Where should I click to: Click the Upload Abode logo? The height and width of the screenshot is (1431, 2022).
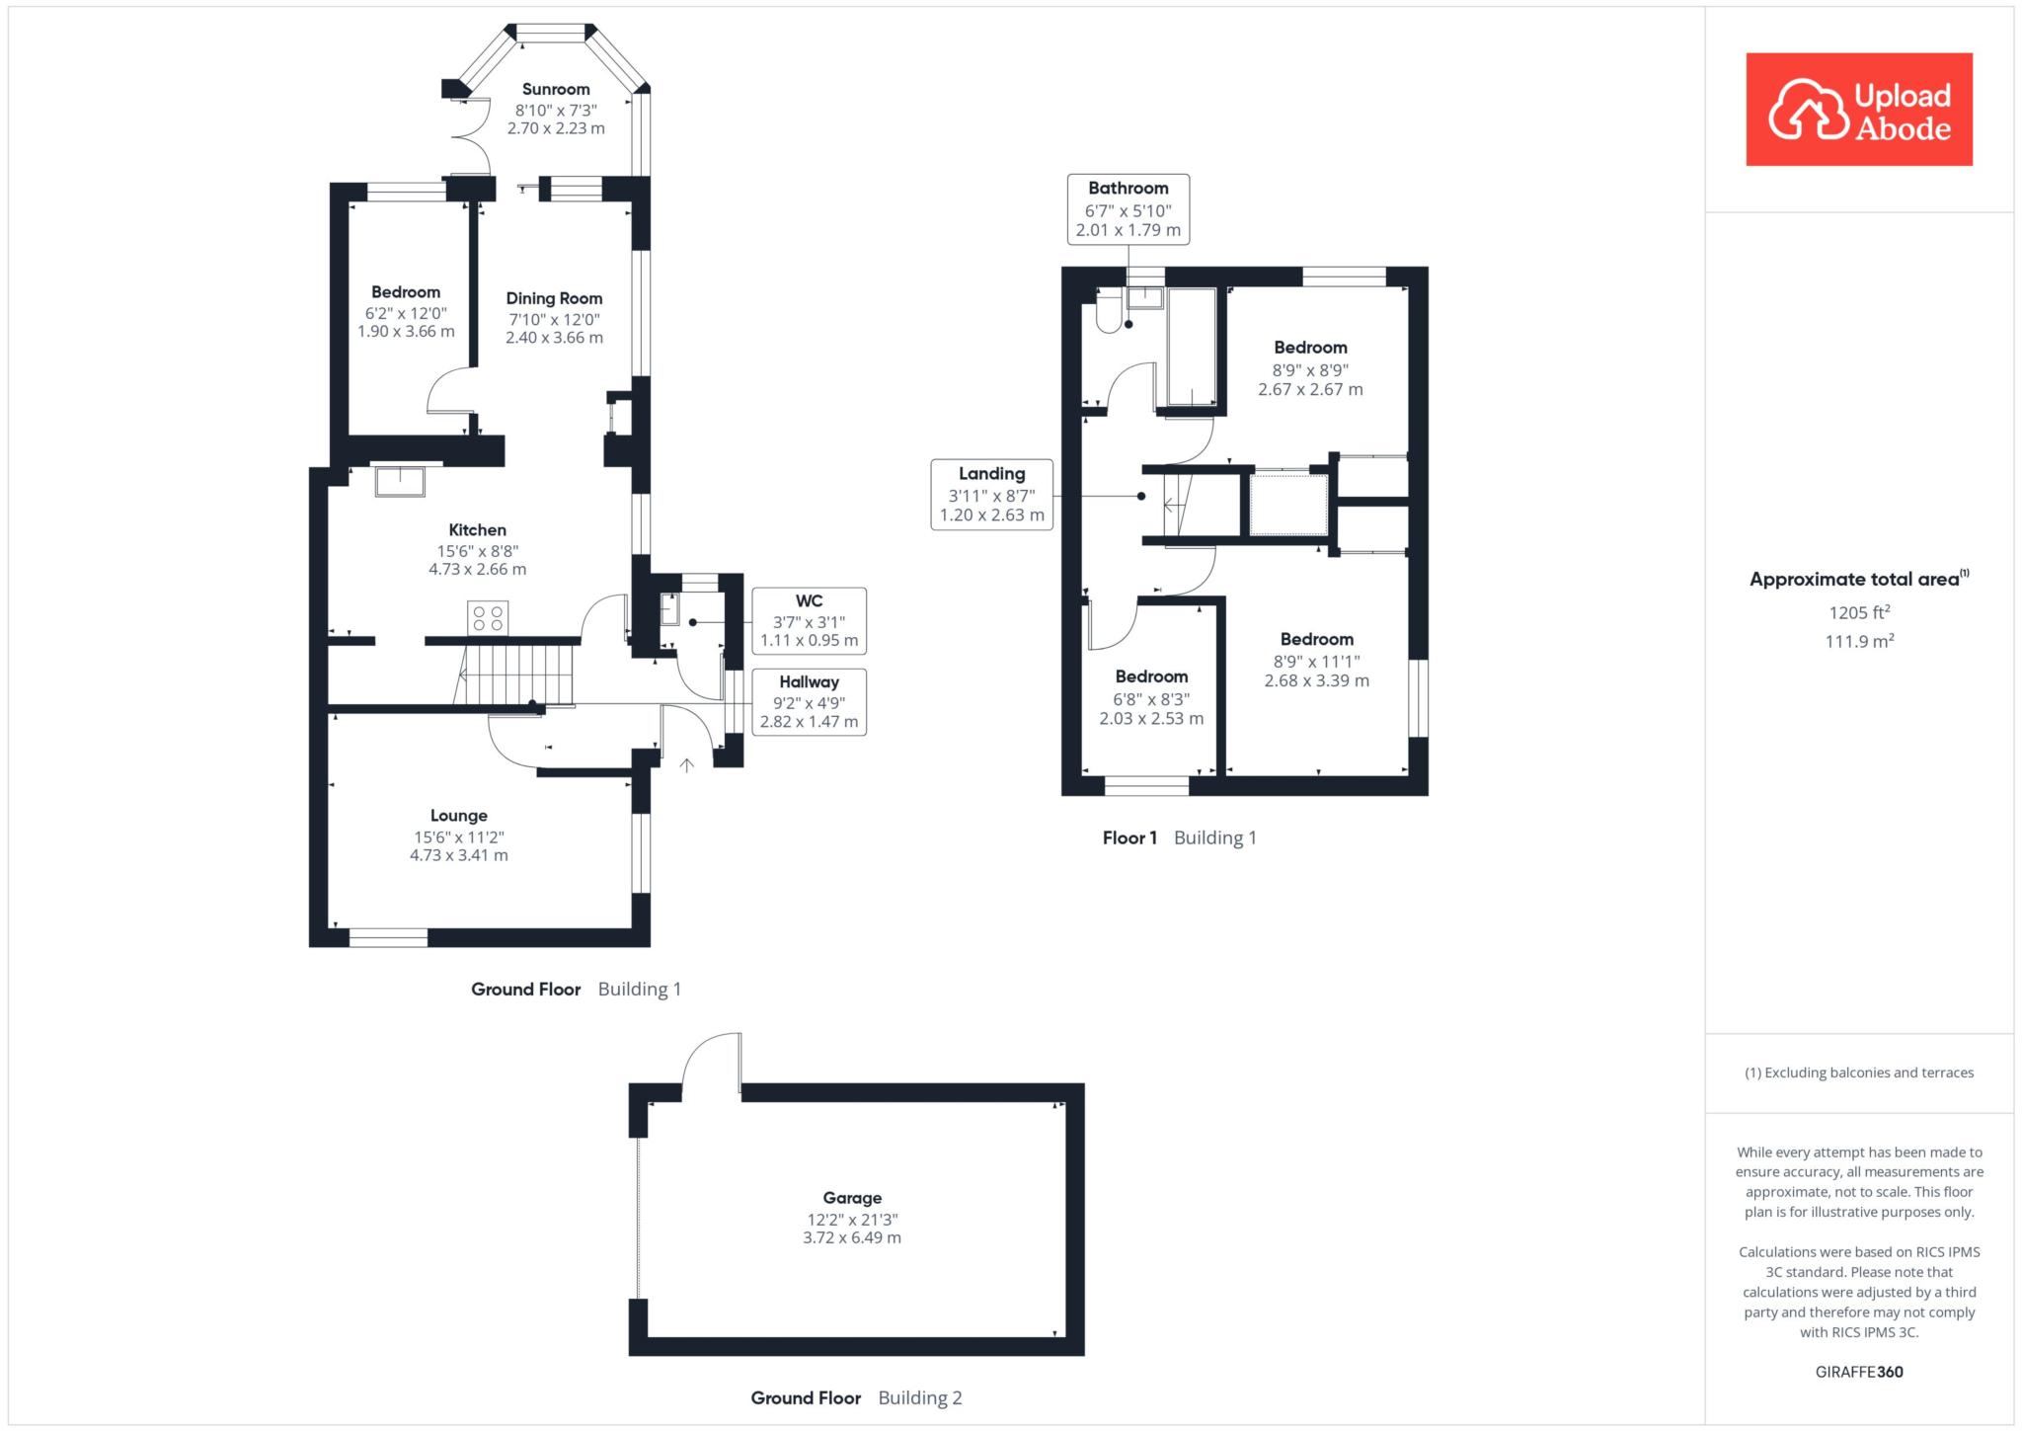[x=1859, y=110]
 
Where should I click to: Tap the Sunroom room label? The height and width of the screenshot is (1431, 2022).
[x=556, y=90]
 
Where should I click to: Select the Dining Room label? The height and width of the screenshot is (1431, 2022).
[x=554, y=298]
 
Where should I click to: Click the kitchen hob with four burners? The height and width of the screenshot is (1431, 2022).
[x=488, y=618]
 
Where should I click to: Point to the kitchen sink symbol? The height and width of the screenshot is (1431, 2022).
[x=400, y=481]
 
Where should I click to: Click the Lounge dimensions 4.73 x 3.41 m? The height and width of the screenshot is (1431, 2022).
[x=459, y=855]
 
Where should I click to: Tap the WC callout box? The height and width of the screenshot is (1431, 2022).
[x=809, y=620]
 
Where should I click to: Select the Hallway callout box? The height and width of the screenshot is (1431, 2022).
[x=809, y=701]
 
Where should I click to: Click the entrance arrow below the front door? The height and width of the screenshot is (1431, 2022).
[x=686, y=764]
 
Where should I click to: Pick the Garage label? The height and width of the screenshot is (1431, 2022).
[x=852, y=1198]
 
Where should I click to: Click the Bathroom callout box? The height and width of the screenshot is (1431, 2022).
[x=1128, y=209]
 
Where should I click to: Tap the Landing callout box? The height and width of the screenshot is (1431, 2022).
[x=992, y=494]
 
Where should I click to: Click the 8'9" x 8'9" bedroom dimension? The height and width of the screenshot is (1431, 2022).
[x=1310, y=370]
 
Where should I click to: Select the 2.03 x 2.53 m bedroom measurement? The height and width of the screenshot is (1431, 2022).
[x=1151, y=719]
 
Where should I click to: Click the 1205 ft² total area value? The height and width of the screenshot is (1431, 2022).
[x=1859, y=612]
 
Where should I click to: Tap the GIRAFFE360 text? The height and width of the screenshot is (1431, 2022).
[x=1859, y=1372]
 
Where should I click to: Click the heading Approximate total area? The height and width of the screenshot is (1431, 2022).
[x=1859, y=579]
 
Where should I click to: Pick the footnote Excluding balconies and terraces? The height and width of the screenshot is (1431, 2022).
[x=1859, y=1073]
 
